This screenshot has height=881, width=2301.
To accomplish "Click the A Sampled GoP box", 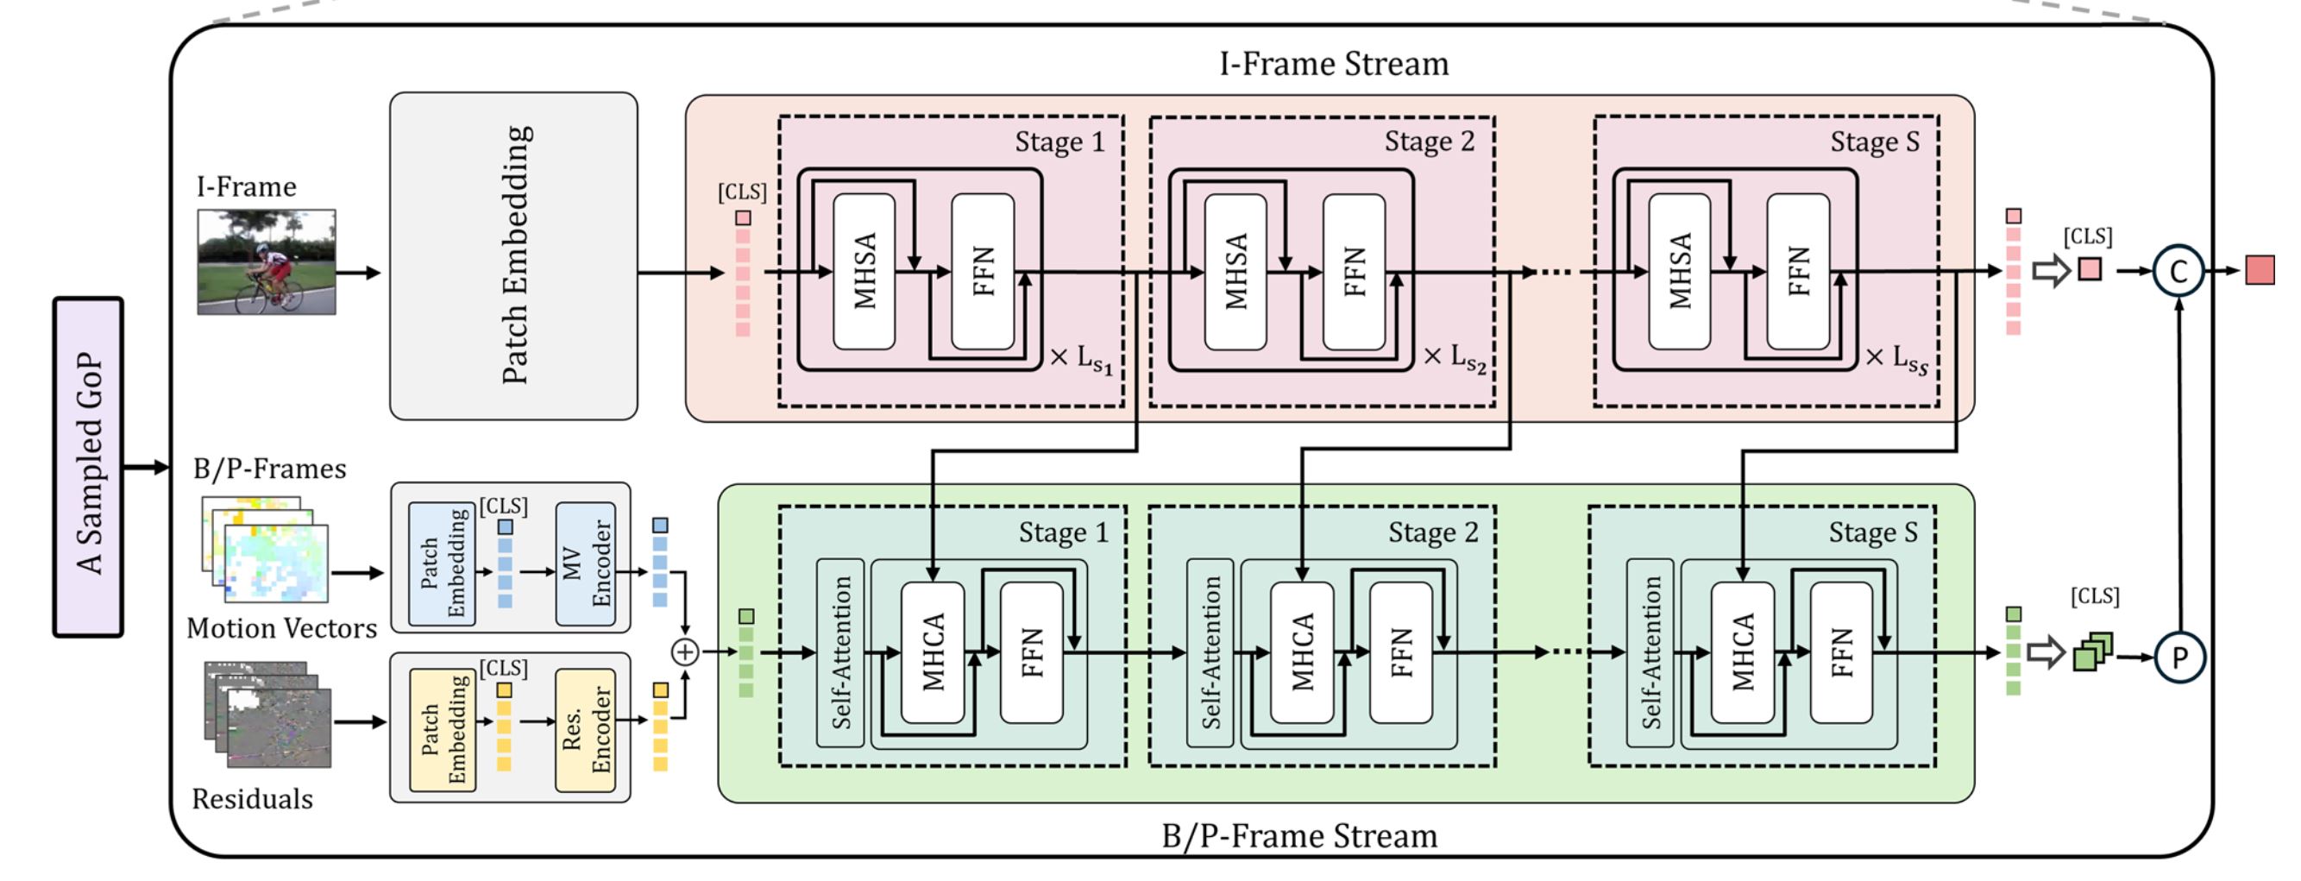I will tap(88, 467).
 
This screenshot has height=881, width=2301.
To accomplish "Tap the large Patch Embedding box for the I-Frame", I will tap(513, 255).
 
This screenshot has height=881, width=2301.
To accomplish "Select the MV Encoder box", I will tap(585, 563).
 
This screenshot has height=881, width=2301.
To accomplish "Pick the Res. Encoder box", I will tap(585, 730).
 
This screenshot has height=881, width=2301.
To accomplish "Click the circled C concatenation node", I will tap(2178, 271).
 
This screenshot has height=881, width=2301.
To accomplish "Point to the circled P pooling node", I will tap(2178, 658).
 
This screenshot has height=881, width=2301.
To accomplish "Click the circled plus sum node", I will tap(685, 652).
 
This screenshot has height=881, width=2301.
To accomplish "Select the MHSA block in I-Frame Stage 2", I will tap(1235, 272).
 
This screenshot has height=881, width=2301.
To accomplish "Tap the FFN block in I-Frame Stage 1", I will tap(983, 272).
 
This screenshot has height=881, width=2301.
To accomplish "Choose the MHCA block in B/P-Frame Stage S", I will tap(1742, 652).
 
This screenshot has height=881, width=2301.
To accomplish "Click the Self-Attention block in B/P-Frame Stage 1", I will tap(840, 652).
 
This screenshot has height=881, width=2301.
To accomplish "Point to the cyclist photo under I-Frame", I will tap(267, 261).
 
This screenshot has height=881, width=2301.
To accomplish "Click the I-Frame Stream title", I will tap(1334, 65).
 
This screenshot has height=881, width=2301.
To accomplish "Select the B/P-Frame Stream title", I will tap(1298, 836).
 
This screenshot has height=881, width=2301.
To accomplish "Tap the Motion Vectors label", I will tap(281, 628).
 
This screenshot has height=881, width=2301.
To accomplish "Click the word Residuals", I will tap(252, 799).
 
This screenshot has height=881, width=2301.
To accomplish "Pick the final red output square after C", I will tap(2260, 270).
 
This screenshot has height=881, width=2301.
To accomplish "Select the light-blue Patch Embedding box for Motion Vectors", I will tap(442, 563).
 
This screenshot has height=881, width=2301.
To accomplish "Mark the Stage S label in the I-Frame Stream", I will tap(1874, 142).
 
